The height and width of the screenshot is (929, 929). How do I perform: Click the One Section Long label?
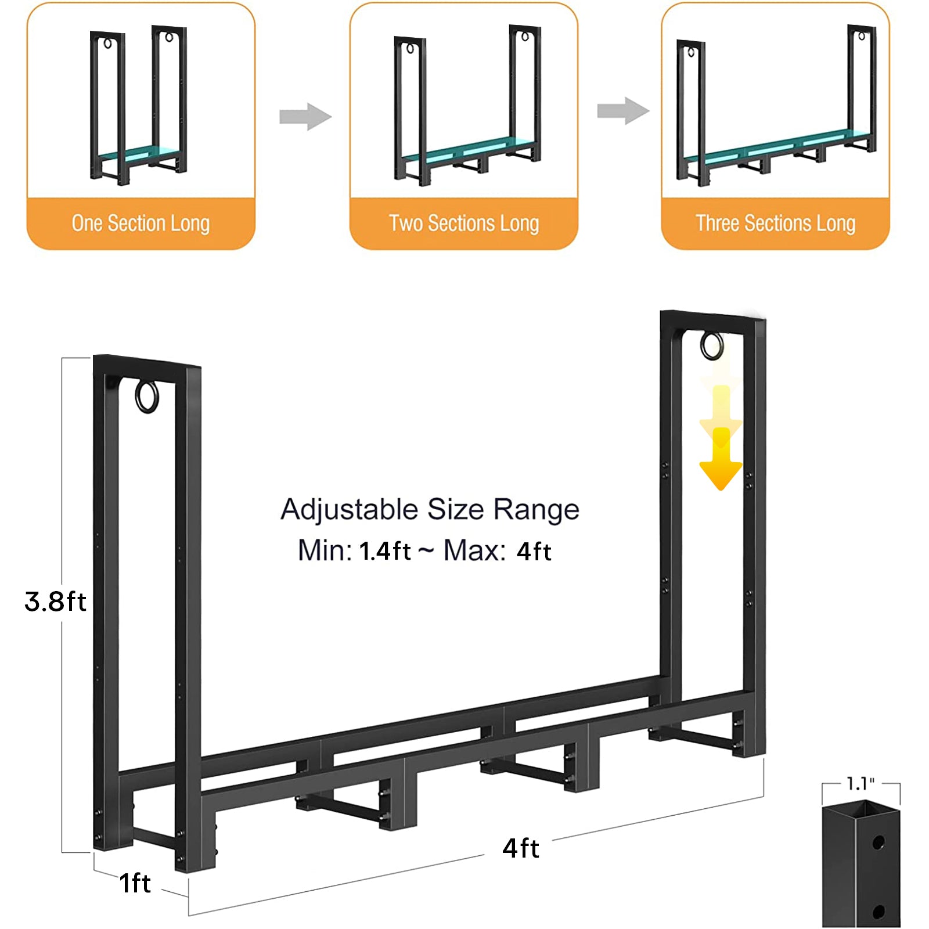[x=141, y=224]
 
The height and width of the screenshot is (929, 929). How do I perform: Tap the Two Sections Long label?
[x=464, y=224]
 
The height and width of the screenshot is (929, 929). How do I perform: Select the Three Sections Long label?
[x=775, y=224]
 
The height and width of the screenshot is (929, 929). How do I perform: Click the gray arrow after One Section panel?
[x=305, y=117]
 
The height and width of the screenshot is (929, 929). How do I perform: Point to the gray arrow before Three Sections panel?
[x=623, y=110]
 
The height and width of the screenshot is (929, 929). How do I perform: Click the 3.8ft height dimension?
[x=55, y=602]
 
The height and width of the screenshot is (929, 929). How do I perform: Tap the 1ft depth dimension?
[x=135, y=883]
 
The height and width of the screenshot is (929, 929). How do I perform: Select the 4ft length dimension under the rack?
[x=521, y=848]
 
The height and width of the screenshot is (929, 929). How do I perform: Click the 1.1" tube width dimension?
[x=860, y=784]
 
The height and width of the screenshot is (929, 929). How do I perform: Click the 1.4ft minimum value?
[x=385, y=551]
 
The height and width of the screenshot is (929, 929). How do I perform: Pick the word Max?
[x=473, y=550]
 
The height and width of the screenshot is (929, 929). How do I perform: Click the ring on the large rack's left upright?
[x=147, y=397]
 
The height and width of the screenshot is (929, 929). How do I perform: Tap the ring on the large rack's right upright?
[x=712, y=346]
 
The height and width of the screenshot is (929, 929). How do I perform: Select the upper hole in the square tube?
[x=878, y=842]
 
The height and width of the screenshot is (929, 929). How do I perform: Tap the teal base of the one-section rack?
[x=138, y=154]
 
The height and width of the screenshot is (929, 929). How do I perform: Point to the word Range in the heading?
[x=536, y=510]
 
